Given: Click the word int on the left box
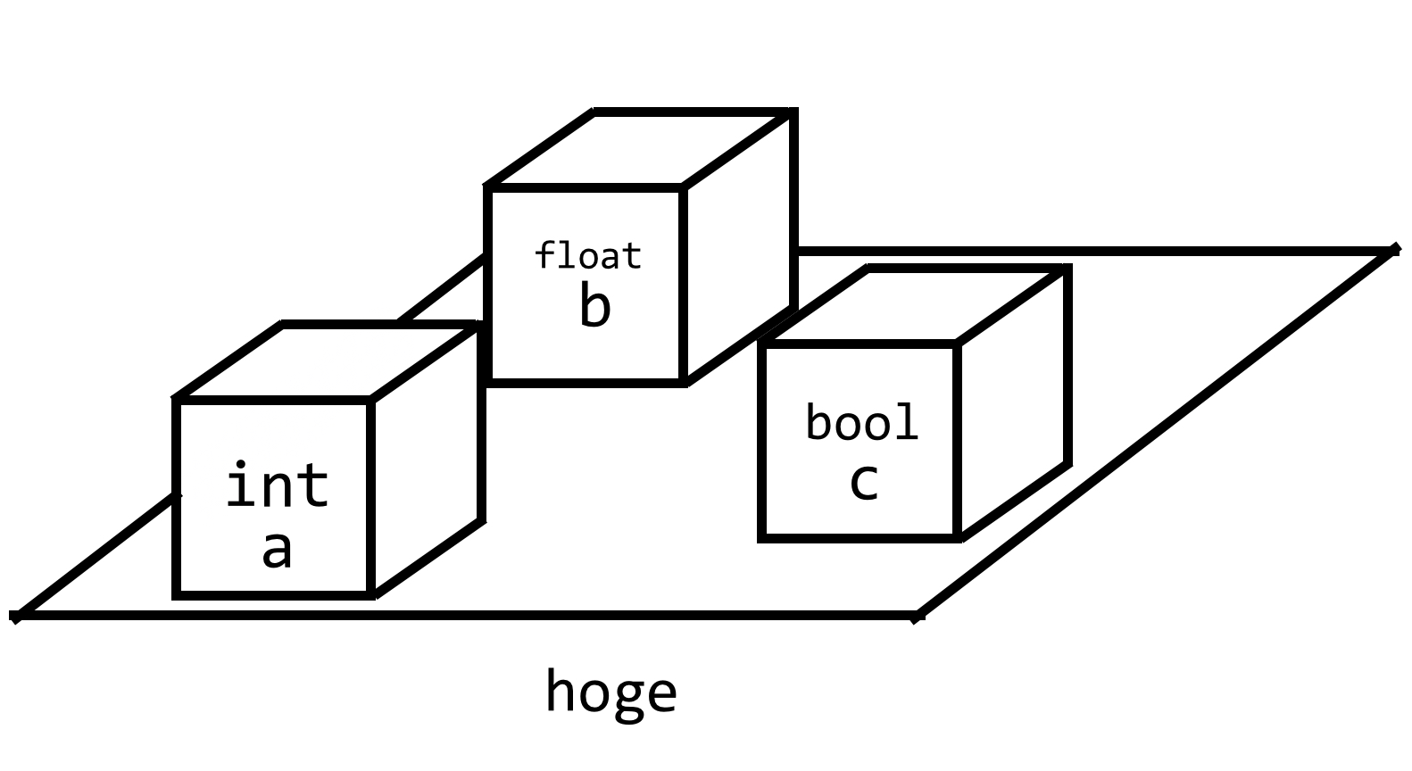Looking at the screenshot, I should coord(277,485).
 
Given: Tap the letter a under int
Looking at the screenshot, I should coord(277,550).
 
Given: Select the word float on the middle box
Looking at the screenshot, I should coord(587,256).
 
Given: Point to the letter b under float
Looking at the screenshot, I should coord(594,306).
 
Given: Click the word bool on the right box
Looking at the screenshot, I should coord(861,423).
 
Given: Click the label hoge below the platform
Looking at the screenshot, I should coord(611,692).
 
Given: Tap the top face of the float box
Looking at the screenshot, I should coord(638,150).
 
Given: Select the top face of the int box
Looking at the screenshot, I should coord(326,362).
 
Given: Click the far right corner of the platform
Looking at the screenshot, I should coord(1392,252).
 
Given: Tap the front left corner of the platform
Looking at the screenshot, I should coord(16,616).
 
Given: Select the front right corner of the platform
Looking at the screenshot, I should coord(918,616).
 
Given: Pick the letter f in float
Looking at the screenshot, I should coord(544,256).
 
